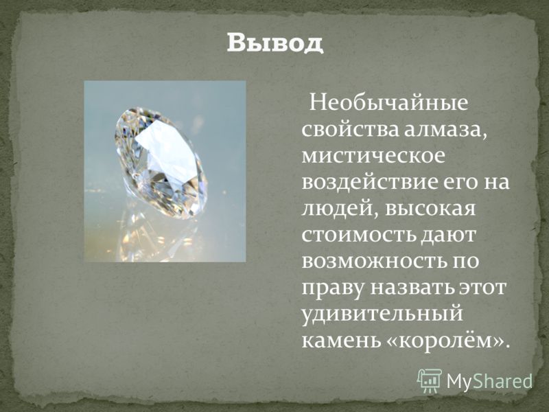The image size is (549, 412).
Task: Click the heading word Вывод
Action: pos(275,43)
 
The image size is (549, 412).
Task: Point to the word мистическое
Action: pos(373,156)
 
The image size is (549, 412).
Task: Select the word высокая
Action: pos(430,209)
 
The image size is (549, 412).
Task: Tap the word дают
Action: pos(448,236)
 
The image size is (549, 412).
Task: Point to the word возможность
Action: pos(372,261)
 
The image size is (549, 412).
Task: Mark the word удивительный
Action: pos(382,314)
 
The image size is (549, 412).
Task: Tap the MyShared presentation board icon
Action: pos(430,381)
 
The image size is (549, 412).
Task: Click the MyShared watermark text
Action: pos(489,381)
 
